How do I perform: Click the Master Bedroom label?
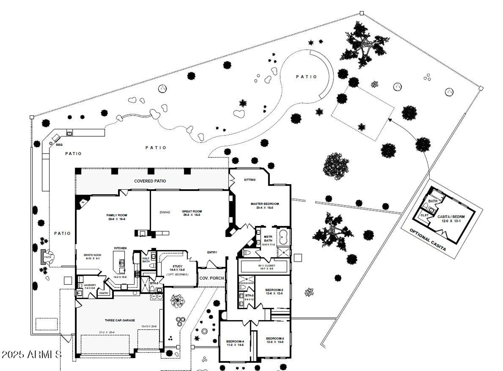265,204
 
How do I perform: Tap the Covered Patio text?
150,181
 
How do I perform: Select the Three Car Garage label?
120,320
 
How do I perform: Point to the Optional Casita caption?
428,240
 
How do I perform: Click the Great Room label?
192,211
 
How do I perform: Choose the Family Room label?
117,215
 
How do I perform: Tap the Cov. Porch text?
212,278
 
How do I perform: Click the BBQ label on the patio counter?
59,145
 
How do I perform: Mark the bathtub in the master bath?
283,237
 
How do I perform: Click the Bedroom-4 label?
235,341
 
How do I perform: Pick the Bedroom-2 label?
274,290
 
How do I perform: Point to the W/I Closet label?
267,266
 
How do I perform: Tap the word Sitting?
249,180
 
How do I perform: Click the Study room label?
177,266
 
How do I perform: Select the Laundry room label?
90,285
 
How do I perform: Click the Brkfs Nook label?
93,255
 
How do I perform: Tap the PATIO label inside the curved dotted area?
306,77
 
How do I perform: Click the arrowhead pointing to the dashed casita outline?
390,120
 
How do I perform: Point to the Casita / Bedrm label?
451,217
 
